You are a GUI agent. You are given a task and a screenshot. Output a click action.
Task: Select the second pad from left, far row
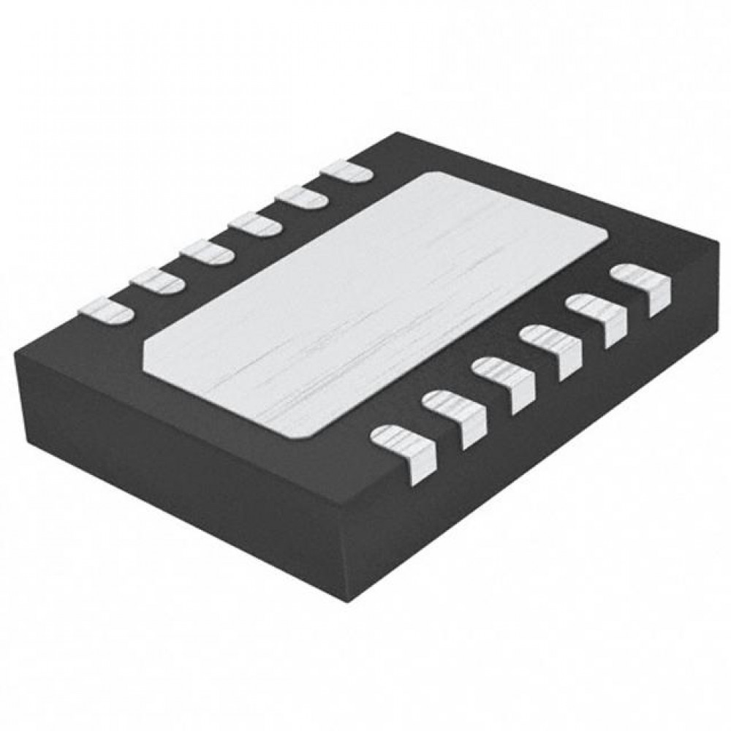click(156, 281)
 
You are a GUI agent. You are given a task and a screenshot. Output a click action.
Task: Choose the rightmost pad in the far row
click(346, 171)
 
